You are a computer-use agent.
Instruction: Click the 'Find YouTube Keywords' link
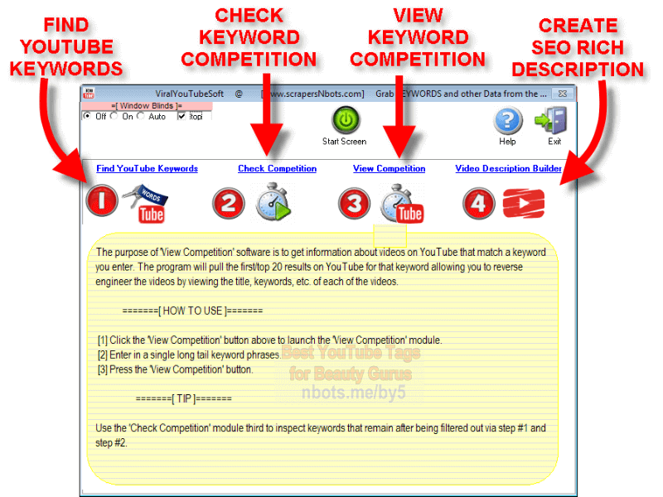tap(147, 169)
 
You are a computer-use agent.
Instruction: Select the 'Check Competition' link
tap(277, 169)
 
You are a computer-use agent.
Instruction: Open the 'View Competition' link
tap(389, 169)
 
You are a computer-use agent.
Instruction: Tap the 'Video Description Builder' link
tap(508, 169)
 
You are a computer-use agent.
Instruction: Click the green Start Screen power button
tap(345, 121)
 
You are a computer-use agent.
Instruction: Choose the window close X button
tap(563, 94)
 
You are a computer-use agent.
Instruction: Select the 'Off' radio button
tap(88, 117)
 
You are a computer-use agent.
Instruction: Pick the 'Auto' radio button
tap(141, 117)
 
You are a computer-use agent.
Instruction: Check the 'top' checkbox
tap(181, 117)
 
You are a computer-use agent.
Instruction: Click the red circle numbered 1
tap(100, 201)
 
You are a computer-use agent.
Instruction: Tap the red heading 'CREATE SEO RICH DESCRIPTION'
tap(578, 47)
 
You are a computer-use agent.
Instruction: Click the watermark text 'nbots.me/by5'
tap(354, 392)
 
